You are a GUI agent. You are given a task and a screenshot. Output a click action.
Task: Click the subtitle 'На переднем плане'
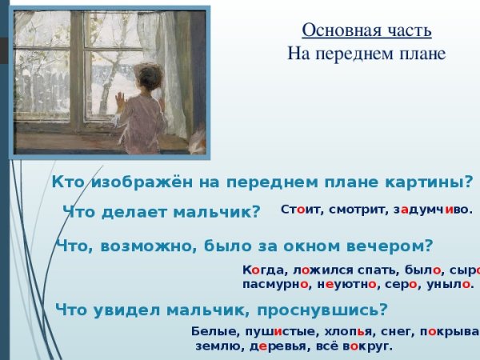click(x=366, y=54)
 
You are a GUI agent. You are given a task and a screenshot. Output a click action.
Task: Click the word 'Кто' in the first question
click(x=68, y=182)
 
